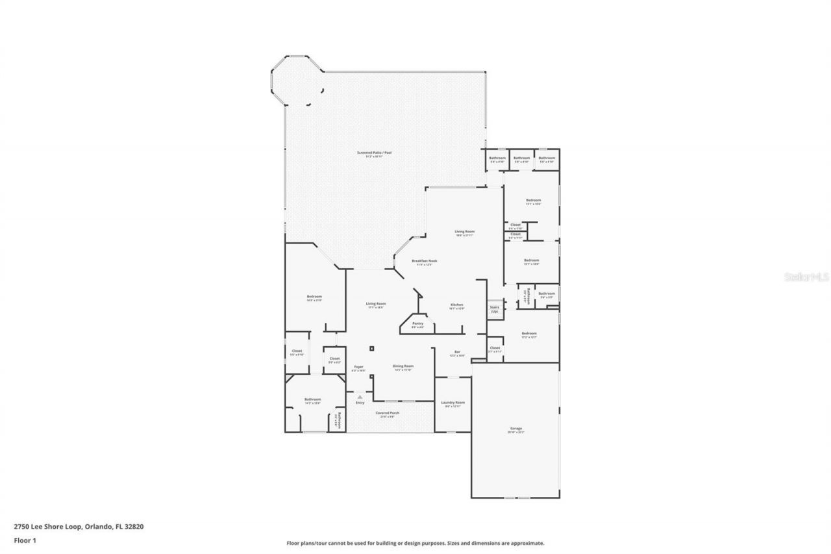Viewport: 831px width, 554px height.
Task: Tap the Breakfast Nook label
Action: coord(425,260)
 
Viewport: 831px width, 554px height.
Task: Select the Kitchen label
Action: coord(457,305)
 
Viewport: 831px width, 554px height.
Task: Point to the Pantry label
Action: coord(417,323)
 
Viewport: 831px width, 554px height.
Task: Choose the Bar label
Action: coord(457,352)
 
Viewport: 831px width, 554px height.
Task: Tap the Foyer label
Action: coord(358,367)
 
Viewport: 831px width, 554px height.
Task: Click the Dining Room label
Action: coord(403,366)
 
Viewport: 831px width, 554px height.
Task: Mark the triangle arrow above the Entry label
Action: coord(360,396)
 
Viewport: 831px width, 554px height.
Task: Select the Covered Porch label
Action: coord(388,413)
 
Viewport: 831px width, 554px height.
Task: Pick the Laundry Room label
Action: coord(453,403)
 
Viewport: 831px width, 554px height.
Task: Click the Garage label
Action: coord(516,429)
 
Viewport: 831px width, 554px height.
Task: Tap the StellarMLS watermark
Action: coord(806,277)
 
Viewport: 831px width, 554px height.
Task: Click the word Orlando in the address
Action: coord(97,527)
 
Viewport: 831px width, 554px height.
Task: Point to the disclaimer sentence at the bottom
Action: coord(415,543)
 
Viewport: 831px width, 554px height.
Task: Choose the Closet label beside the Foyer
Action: coord(334,359)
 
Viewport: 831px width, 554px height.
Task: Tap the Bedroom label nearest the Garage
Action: coord(528,334)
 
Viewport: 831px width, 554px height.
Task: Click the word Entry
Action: coord(360,403)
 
